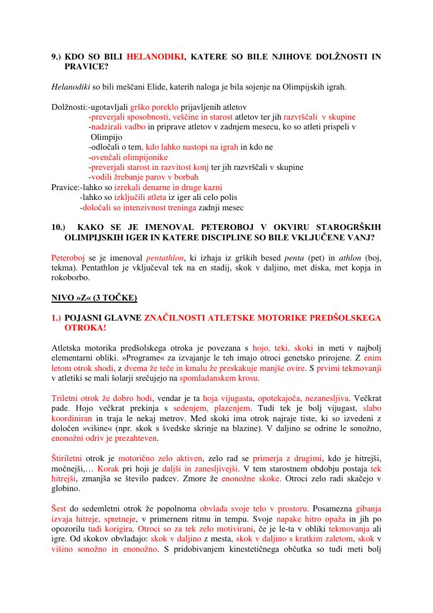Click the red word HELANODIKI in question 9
(155, 57)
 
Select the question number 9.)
(57, 57)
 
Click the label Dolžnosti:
(70, 107)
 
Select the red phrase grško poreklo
(151, 107)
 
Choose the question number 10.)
(59, 227)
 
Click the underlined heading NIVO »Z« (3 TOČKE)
(94, 298)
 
